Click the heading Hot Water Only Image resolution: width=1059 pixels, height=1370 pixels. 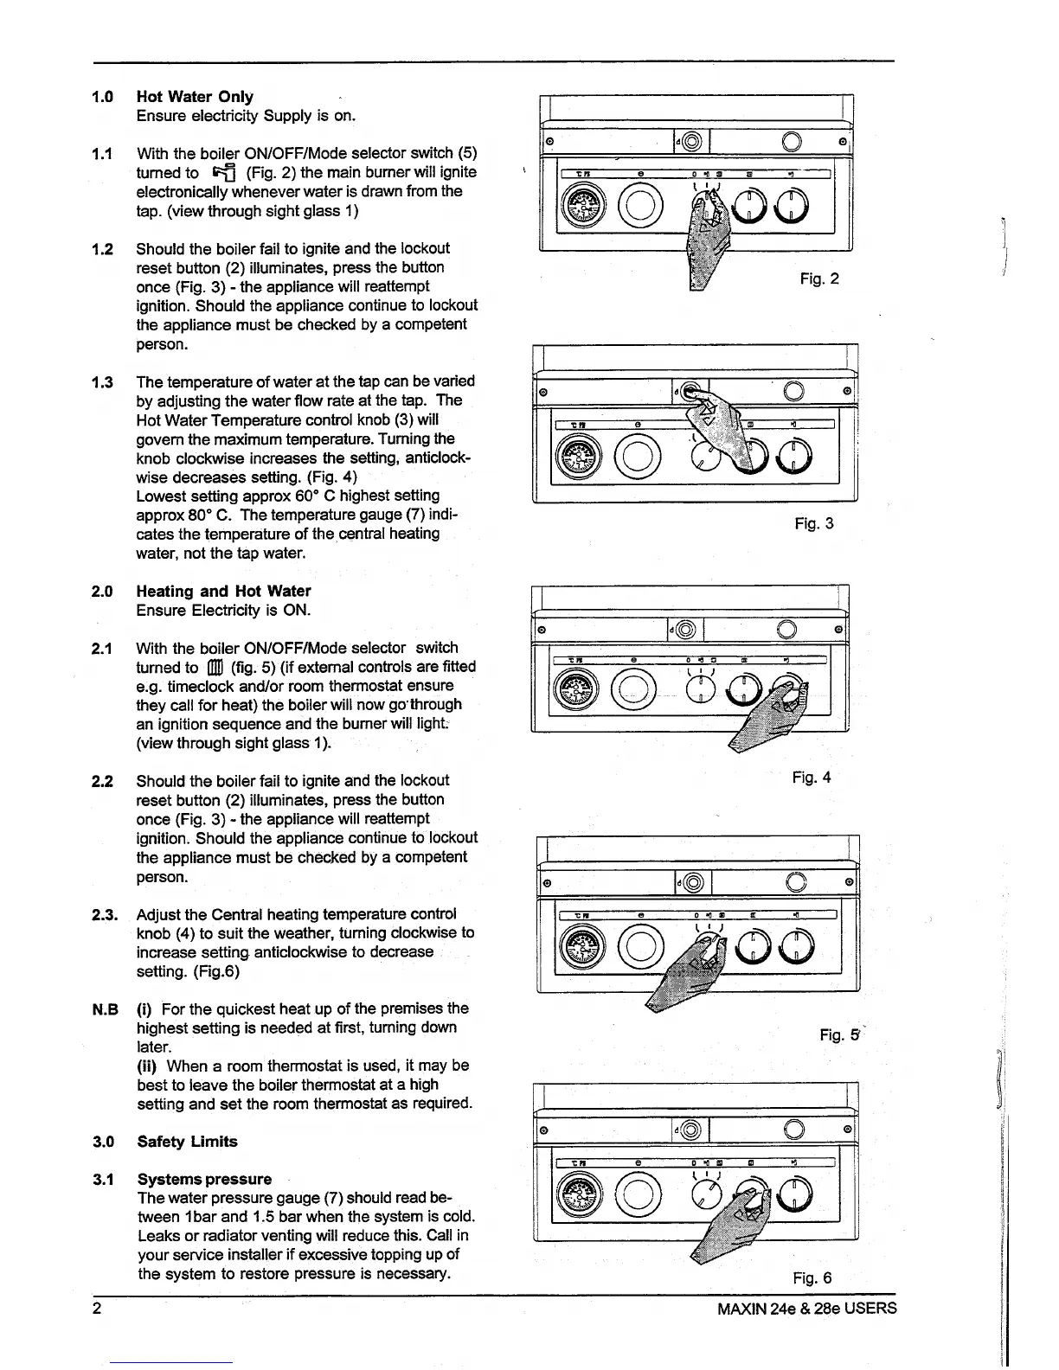[195, 97]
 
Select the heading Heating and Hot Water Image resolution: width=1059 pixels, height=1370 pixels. [223, 592]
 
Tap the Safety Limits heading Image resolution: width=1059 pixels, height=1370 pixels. [187, 1142]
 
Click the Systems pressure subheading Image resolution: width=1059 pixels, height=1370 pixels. [204, 1180]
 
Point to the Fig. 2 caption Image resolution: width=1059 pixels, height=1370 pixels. [819, 278]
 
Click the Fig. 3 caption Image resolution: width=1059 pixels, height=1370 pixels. [814, 523]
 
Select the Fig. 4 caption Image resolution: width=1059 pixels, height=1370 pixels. [812, 778]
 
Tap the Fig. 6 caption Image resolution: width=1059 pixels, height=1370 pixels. [812, 1278]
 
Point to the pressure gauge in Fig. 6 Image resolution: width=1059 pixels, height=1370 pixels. [576, 1203]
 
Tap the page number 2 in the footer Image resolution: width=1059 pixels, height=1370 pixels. [98, 1308]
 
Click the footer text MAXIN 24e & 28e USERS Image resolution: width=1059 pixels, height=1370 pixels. [806, 1308]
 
